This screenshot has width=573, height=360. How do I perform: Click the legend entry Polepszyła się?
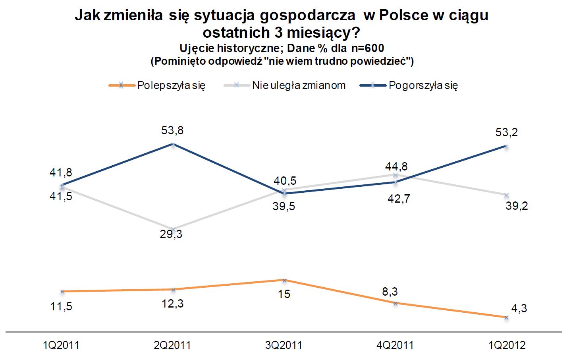pos(171,85)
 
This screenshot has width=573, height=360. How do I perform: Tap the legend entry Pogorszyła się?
pos(423,85)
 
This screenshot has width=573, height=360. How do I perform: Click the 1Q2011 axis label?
pos(61,345)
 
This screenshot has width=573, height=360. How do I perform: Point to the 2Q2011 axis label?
pos(172,345)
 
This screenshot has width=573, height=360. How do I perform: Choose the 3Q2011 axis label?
pos(284,345)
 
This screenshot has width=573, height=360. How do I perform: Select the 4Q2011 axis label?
pos(395,345)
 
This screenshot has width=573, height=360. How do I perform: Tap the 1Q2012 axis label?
pos(506,345)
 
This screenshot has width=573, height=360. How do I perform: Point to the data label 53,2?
pos(506,132)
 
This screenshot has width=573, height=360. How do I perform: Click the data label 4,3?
pos(518,308)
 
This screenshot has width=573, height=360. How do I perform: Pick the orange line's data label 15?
pos(284,294)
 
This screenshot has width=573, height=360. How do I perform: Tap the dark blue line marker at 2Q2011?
pos(173,144)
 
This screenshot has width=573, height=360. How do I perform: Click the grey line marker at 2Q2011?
pos(173,229)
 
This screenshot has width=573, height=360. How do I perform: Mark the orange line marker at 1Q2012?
pos(506,317)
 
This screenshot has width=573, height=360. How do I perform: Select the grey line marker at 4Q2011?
pos(395,175)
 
